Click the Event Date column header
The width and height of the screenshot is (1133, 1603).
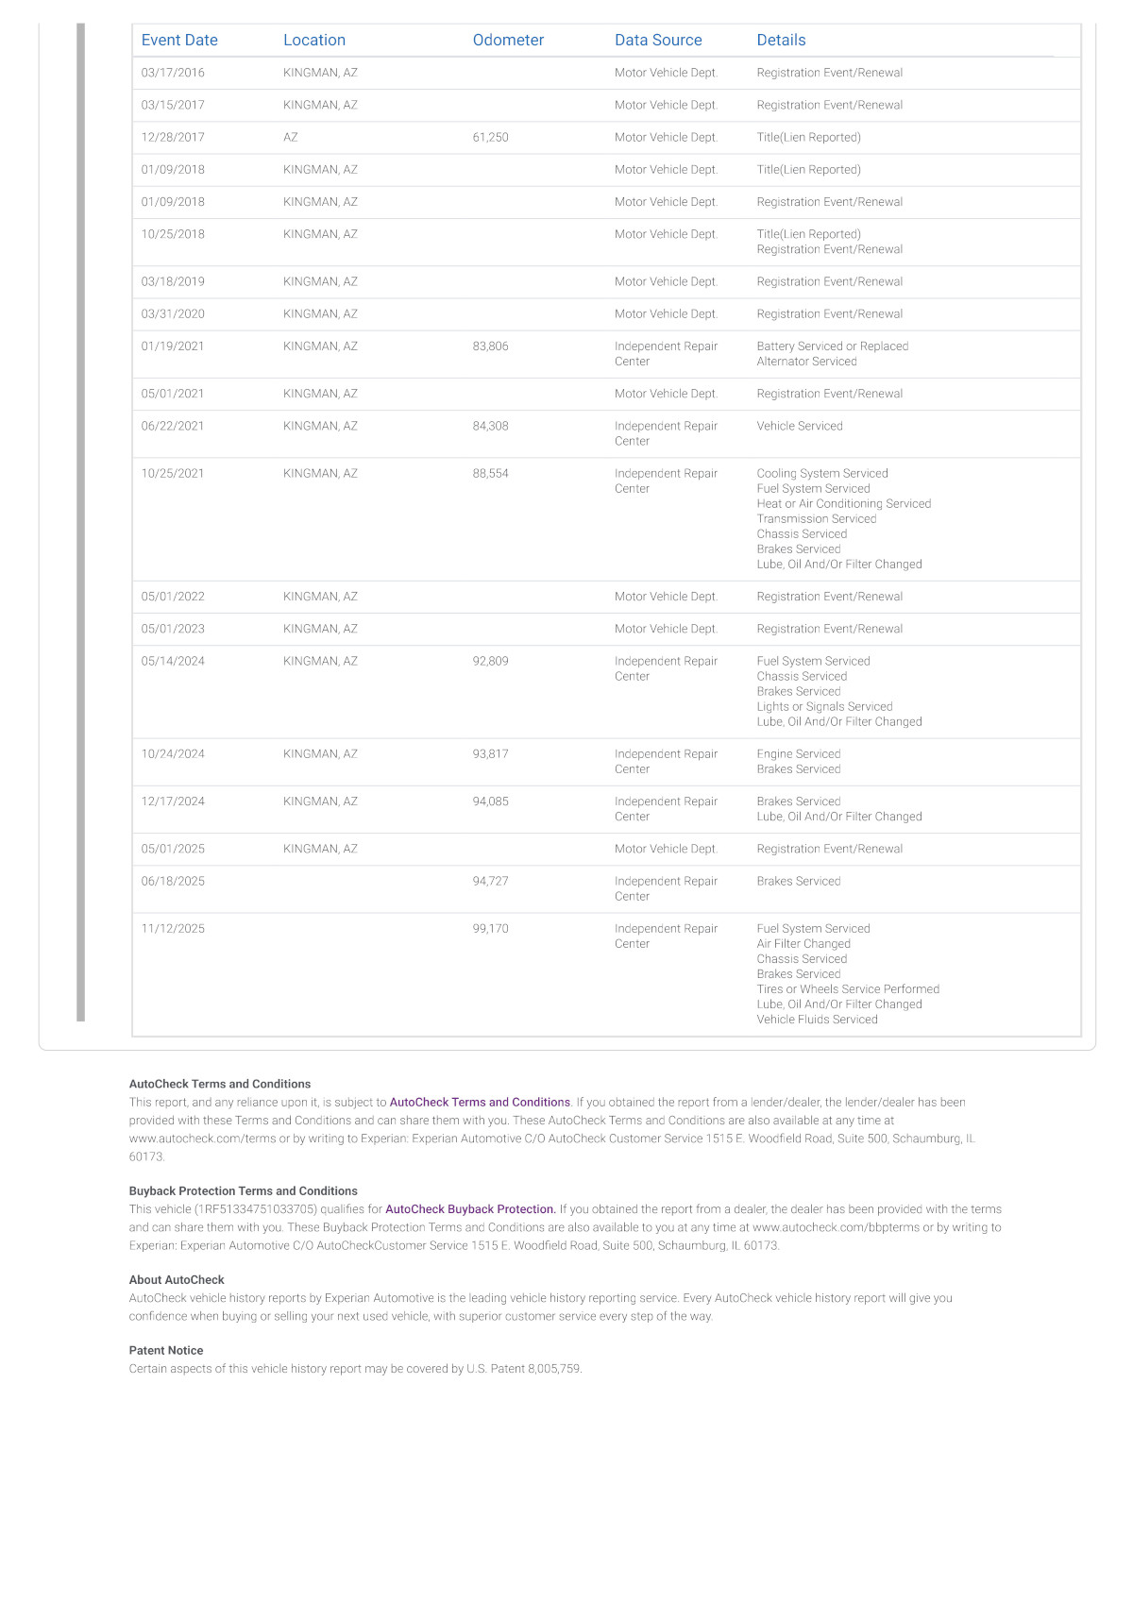179,40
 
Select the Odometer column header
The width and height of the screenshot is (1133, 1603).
508,40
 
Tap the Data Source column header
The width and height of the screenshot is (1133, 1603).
658,40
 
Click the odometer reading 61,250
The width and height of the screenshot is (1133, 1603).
490,137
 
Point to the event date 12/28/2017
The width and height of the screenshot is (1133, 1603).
173,137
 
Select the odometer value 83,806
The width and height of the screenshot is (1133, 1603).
490,346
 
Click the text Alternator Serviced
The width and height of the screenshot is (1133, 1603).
806,362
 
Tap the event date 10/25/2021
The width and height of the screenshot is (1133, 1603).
173,474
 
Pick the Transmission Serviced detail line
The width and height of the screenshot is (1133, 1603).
816,519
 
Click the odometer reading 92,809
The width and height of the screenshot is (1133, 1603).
490,662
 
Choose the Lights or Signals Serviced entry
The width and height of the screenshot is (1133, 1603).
824,707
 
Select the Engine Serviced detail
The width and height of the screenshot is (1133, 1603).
798,754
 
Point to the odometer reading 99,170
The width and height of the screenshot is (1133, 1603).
490,929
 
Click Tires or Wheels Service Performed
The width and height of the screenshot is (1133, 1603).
848,989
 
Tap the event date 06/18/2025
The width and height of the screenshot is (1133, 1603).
173,882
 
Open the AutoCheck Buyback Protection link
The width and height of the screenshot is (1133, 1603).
470,1209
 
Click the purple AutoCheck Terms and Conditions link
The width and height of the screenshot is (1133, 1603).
480,1103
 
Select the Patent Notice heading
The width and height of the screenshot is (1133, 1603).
166,1351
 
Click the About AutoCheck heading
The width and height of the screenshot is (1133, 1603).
177,1280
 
